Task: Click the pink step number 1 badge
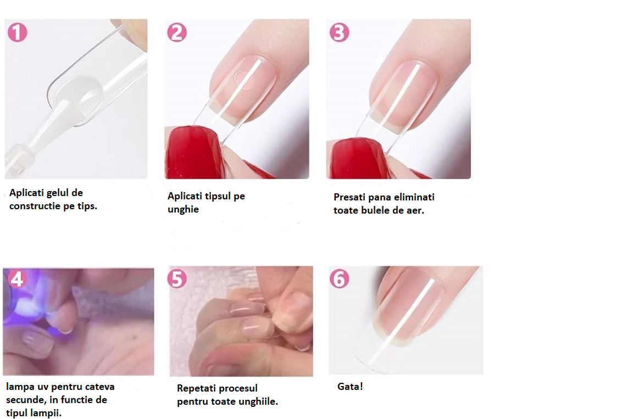tap(18, 32)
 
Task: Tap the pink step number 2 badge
tap(177, 32)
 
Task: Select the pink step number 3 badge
tap(340, 32)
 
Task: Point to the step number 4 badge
tap(17, 278)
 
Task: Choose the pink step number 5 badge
tap(177, 278)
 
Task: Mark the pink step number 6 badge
tap(340, 278)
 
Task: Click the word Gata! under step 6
tap(350, 387)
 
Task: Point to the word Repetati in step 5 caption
tap(195, 389)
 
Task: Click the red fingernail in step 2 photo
tap(193, 151)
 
